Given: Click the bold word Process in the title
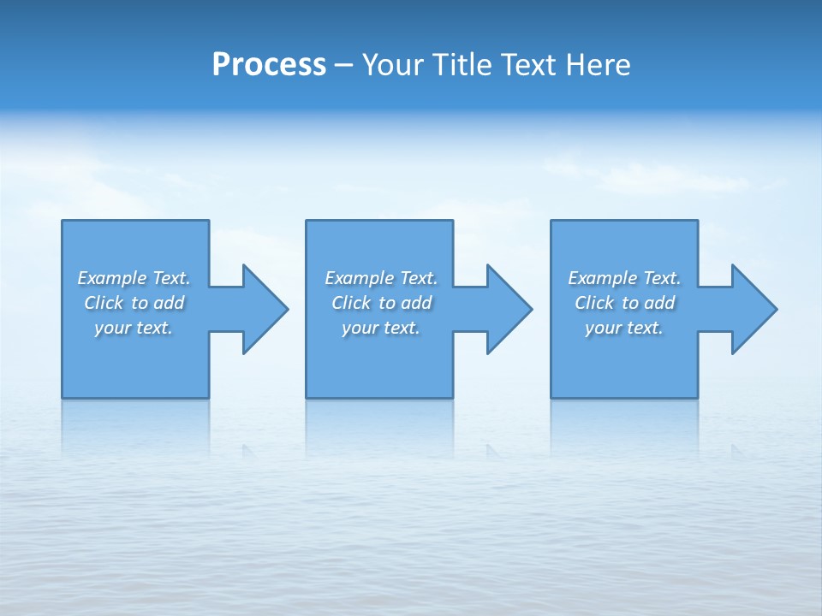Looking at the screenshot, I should (269, 65).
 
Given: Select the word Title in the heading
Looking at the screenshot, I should (462, 65).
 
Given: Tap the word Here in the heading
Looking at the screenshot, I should (597, 65).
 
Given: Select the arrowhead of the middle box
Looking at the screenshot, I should (509, 309).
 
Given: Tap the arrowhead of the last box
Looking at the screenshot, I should (753, 309).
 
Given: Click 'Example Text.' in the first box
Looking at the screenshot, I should (134, 278).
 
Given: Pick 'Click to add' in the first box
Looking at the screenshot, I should (134, 303).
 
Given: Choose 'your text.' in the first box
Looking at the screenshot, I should (134, 328).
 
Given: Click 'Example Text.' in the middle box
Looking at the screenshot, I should (381, 278).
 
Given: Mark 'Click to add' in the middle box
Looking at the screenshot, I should (381, 303).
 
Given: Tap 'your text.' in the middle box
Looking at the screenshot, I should (381, 328).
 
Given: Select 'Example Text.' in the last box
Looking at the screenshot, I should (624, 278).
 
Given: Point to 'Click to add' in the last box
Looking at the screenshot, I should (624, 303).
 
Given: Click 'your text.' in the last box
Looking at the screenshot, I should (624, 328).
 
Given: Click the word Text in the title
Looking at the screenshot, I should (527, 65).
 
